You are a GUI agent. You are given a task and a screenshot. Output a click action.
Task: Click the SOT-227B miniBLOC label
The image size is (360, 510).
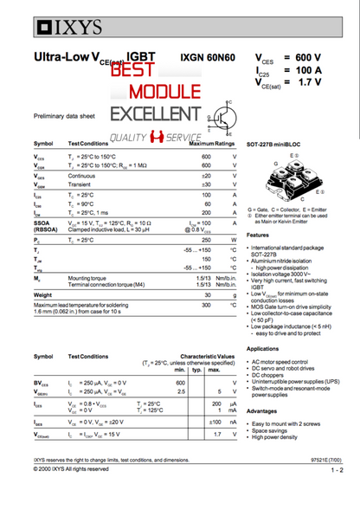277,145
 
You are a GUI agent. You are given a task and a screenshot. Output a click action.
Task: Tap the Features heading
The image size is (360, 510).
259,236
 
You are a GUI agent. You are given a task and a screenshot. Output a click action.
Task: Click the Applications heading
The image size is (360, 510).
263,348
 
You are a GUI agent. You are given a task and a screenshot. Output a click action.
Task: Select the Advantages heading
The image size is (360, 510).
262,410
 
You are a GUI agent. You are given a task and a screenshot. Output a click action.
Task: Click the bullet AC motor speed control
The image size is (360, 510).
282,361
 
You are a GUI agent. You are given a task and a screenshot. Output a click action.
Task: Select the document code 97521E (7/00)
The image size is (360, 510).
325,461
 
